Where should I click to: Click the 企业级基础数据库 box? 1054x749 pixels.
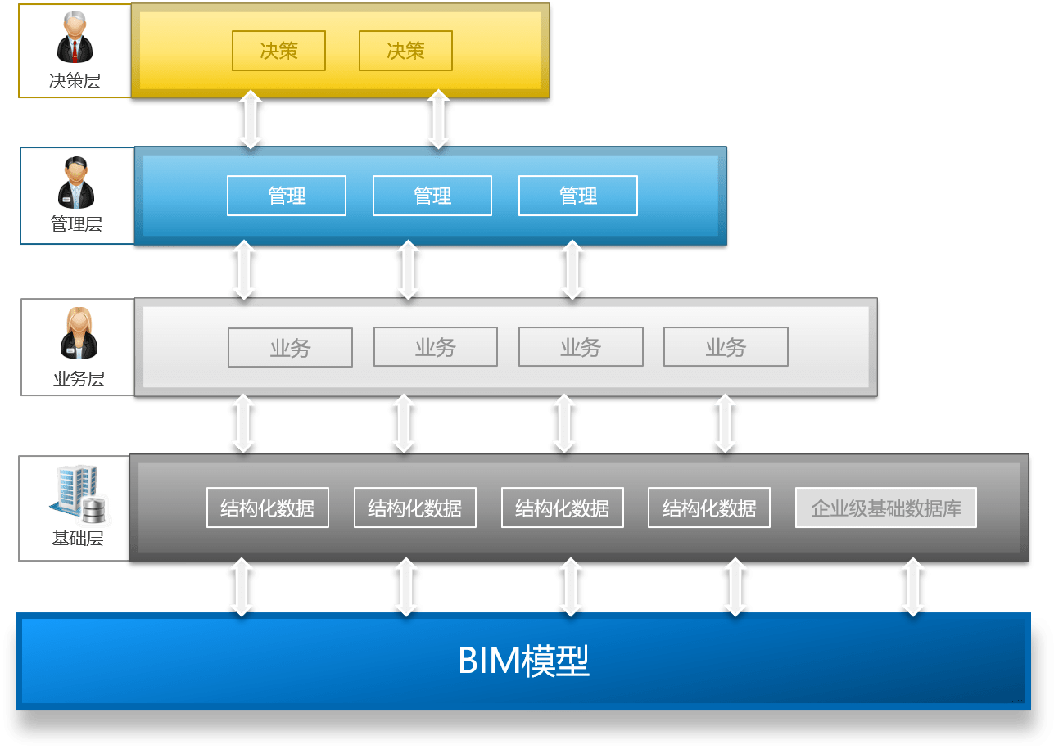tap(886, 508)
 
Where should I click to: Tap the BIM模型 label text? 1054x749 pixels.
tap(523, 661)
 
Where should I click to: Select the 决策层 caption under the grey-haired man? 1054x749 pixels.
tap(75, 80)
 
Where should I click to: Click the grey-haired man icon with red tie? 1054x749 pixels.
tap(75, 37)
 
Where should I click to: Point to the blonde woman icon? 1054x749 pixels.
tap(79, 333)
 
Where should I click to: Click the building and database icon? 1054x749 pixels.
tap(79, 494)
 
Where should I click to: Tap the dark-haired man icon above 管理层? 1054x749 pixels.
tap(76, 183)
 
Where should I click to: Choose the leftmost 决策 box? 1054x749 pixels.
tap(278, 51)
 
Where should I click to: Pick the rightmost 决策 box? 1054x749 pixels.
tap(405, 51)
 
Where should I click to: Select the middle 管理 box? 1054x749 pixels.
tap(432, 196)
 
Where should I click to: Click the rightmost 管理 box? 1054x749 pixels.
tap(578, 196)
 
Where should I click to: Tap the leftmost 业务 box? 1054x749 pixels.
tap(290, 347)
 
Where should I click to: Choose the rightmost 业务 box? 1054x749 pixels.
tap(726, 347)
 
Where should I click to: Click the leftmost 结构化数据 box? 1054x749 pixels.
tap(268, 508)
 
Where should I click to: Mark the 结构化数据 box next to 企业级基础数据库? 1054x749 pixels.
tap(709, 508)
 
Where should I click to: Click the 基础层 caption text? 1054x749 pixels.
tap(78, 539)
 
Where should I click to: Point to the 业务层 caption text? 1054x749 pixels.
tap(79, 378)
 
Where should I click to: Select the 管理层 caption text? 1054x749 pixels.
tap(76, 223)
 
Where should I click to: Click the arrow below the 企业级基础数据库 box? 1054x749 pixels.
tap(913, 587)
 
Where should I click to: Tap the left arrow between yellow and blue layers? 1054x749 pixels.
tap(251, 120)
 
